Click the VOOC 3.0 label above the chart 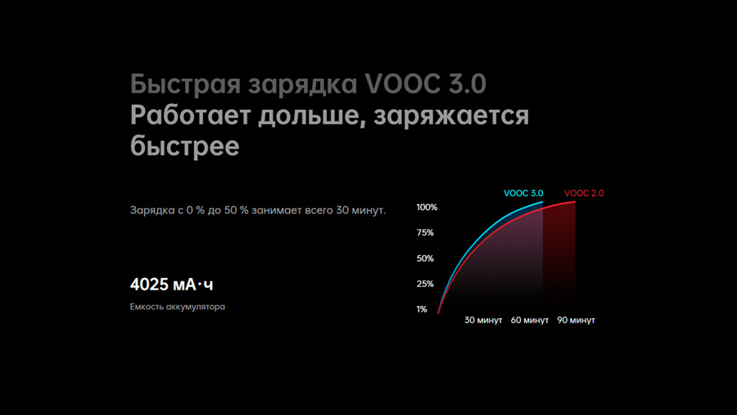[x=523, y=194]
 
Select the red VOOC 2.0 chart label [x=584, y=194]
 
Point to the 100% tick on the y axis [x=427, y=207]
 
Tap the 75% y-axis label [x=425, y=232]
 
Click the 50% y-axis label [x=425, y=258]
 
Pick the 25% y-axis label [x=425, y=284]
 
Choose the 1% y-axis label [x=422, y=309]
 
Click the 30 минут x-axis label [x=483, y=320]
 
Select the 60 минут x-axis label [x=530, y=320]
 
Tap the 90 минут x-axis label [x=576, y=320]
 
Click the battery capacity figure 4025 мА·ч [x=172, y=285]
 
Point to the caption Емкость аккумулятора [x=177, y=307]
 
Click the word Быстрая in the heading [x=186, y=84]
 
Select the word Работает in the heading [x=190, y=116]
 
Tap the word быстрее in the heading [x=185, y=146]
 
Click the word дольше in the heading [x=312, y=116]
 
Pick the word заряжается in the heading [x=451, y=116]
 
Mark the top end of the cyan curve [x=542, y=203]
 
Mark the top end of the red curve [x=575, y=202]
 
